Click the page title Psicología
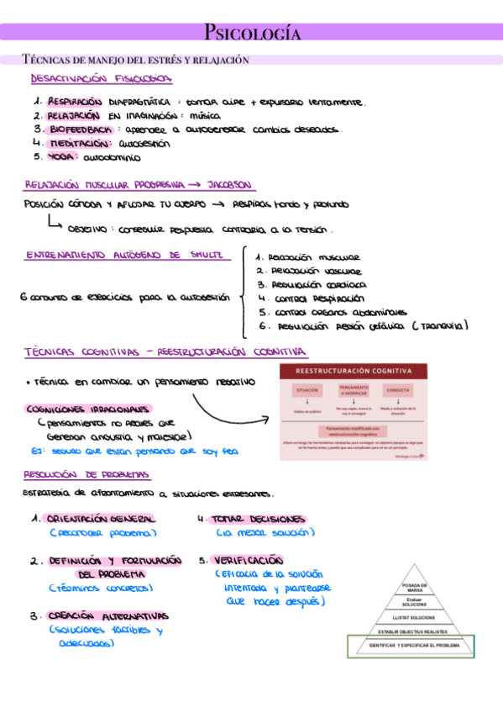pyautogui.click(x=251, y=33)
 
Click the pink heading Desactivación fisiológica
pyautogui.click(x=102, y=79)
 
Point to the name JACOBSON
pyautogui.click(x=227, y=185)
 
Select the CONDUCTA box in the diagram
pyautogui.click(x=398, y=391)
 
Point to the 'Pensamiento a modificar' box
pyautogui.click(x=352, y=390)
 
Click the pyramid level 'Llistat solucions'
pyautogui.click(x=412, y=617)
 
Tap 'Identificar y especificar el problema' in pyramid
pyautogui.click(x=411, y=646)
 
